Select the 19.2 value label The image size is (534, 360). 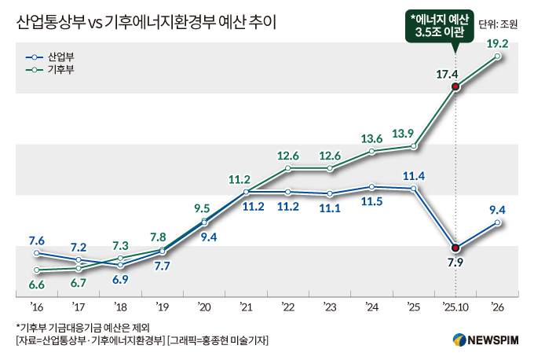point(498,44)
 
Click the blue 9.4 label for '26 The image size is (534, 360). point(497,209)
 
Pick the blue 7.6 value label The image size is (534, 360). point(35,240)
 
